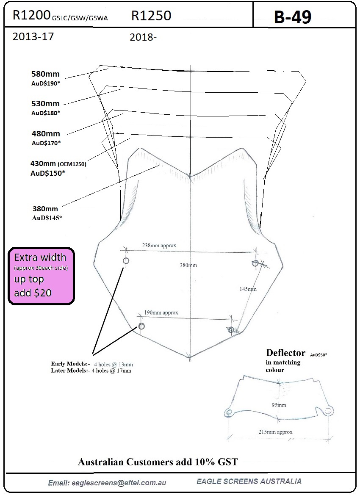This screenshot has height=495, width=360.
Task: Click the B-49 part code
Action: coord(292,17)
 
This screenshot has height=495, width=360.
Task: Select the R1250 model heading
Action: coord(151,15)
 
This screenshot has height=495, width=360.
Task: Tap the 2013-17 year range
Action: coord(33,36)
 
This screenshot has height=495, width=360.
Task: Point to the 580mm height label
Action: coord(45,74)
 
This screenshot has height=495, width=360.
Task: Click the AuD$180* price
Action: coord(45,113)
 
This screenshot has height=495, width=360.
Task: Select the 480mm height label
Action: coord(46,133)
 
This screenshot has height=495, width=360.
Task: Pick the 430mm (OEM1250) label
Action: coord(58,164)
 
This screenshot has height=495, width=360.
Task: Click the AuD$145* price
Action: coord(47,218)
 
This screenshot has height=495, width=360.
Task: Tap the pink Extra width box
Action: coord(41,276)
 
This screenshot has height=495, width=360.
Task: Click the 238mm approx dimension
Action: coord(159,245)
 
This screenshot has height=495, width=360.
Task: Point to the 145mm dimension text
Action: coord(248,289)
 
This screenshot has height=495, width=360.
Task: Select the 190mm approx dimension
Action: coord(161,312)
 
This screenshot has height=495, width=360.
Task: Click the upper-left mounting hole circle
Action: coord(126,260)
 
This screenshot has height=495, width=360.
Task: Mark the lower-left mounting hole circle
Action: coord(141,326)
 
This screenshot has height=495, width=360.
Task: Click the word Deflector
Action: coord(285,353)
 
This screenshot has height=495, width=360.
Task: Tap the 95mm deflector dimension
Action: coord(279,405)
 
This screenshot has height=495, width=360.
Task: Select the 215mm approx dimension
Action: coord(275,432)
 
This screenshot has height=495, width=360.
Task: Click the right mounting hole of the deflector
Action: coord(328,411)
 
